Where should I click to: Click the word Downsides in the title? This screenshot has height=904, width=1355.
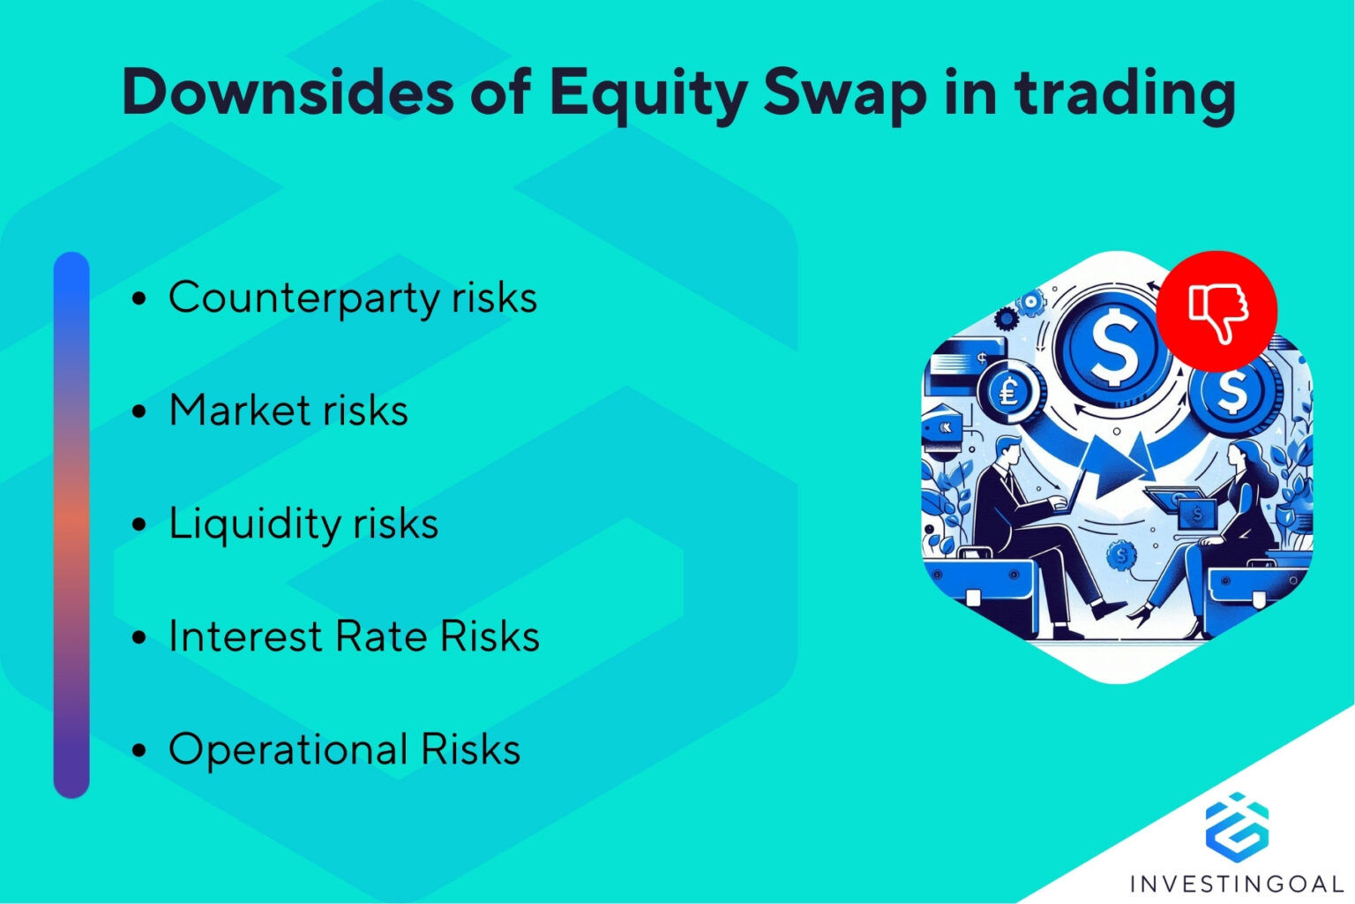pos(288,92)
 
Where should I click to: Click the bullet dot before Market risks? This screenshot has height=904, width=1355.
pos(138,411)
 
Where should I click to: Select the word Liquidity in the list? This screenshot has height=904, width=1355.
pos(256,524)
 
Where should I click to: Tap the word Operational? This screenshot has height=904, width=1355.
pos(288,750)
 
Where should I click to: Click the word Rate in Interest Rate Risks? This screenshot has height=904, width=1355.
pos(385,637)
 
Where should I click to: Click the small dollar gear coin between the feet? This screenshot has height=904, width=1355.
pos(1120,554)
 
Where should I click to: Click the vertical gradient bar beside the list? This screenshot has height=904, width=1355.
pos(71,524)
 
